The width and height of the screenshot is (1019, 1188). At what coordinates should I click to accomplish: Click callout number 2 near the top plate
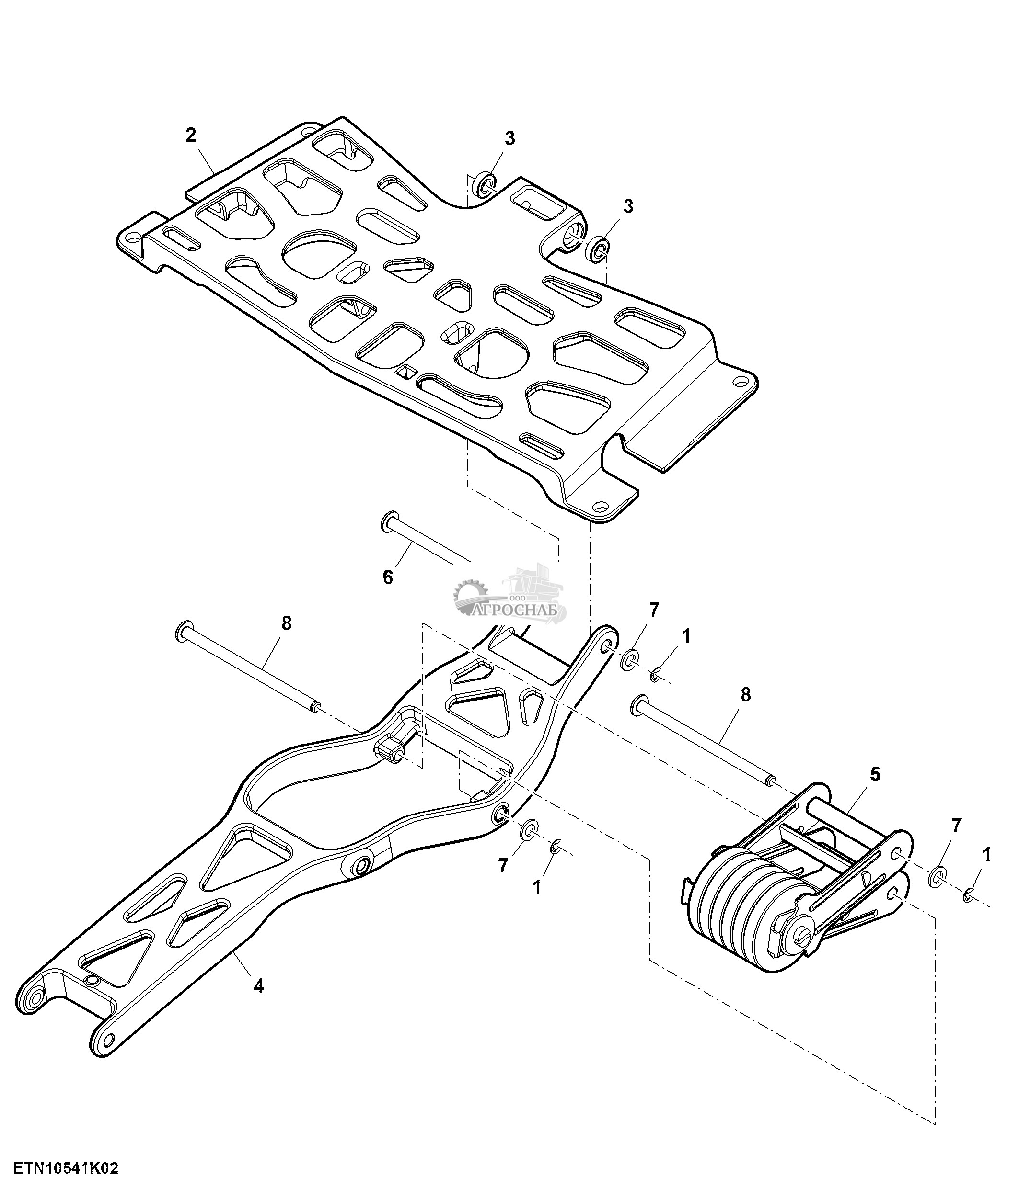click(x=190, y=136)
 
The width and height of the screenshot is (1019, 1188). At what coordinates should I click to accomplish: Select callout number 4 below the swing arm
click(x=259, y=986)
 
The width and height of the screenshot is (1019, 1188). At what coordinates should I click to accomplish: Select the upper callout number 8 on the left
click(x=286, y=623)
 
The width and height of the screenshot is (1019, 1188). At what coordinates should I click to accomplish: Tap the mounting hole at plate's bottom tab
click(x=600, y=507)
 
